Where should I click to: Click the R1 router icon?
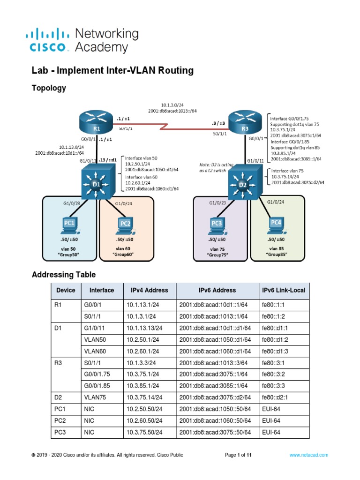(97, 123)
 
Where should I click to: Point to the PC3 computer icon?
(216, 225)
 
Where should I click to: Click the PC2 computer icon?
(125, 225)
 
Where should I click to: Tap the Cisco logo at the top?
(50, 40)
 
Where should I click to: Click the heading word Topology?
(48, 88)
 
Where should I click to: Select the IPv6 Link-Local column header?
(285, 290)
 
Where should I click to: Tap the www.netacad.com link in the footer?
(308, 455)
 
